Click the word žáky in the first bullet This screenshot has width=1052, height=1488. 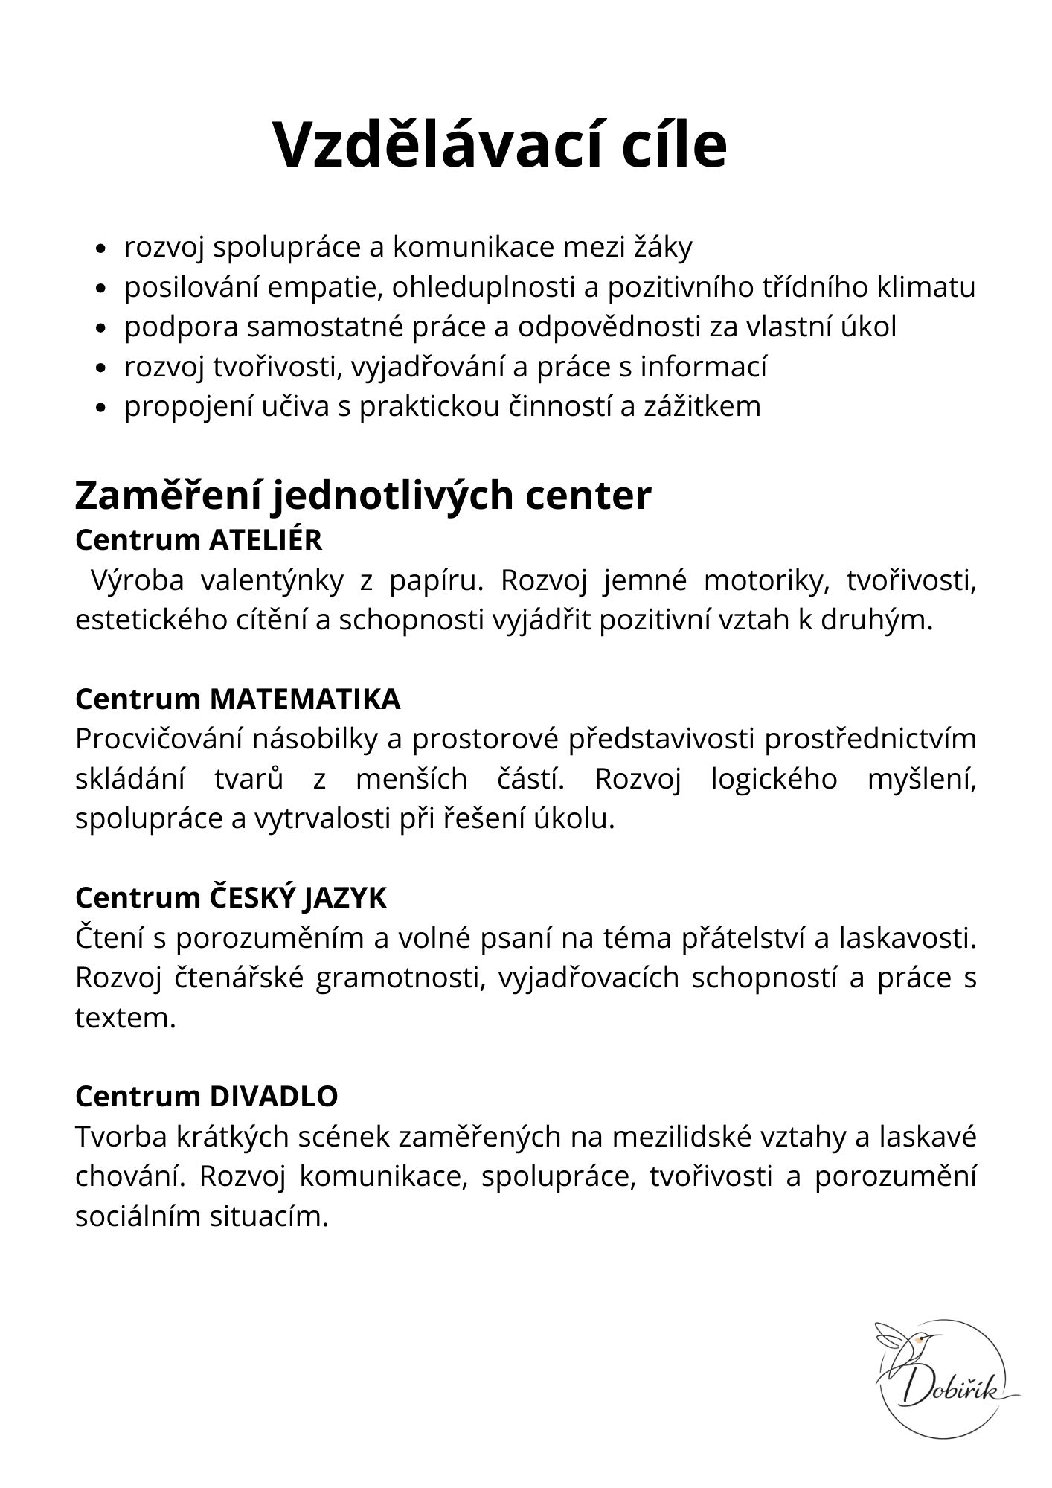pos(662,248)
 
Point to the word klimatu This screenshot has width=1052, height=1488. pos(926,287)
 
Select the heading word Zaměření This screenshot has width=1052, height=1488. pos(167,496)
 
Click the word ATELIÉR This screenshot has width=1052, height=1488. pos(266,540)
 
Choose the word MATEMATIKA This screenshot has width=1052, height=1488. pos(306,699)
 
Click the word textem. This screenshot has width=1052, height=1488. pos(125,1017)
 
